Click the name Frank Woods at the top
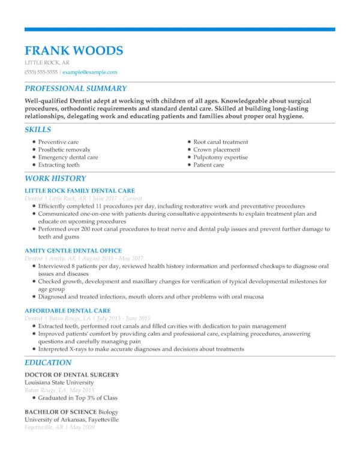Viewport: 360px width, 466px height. coord(74,50)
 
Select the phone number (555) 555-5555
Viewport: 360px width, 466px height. coord(41,72)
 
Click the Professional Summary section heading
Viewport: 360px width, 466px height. coord(75,88)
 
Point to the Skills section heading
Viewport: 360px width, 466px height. coord(38,129)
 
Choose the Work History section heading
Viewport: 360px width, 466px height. coord(55,178)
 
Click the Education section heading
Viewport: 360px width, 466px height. coord(48,362)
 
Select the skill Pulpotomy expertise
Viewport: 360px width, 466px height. coord(220,157)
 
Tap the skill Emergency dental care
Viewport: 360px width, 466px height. coord(68,157)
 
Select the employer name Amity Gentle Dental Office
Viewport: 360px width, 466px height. coord(73,251)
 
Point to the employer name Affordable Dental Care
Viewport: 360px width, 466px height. coord(68,311)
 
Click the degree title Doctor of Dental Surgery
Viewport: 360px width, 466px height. coord(71,375)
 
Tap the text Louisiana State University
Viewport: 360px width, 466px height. coord(59,382)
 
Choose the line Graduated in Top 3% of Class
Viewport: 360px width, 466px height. coord(78,398)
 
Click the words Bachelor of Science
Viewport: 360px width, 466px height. coord(61,412)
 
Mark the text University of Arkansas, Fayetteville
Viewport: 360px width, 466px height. coord(71,419)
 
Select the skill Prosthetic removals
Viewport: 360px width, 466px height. coord(64,149)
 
